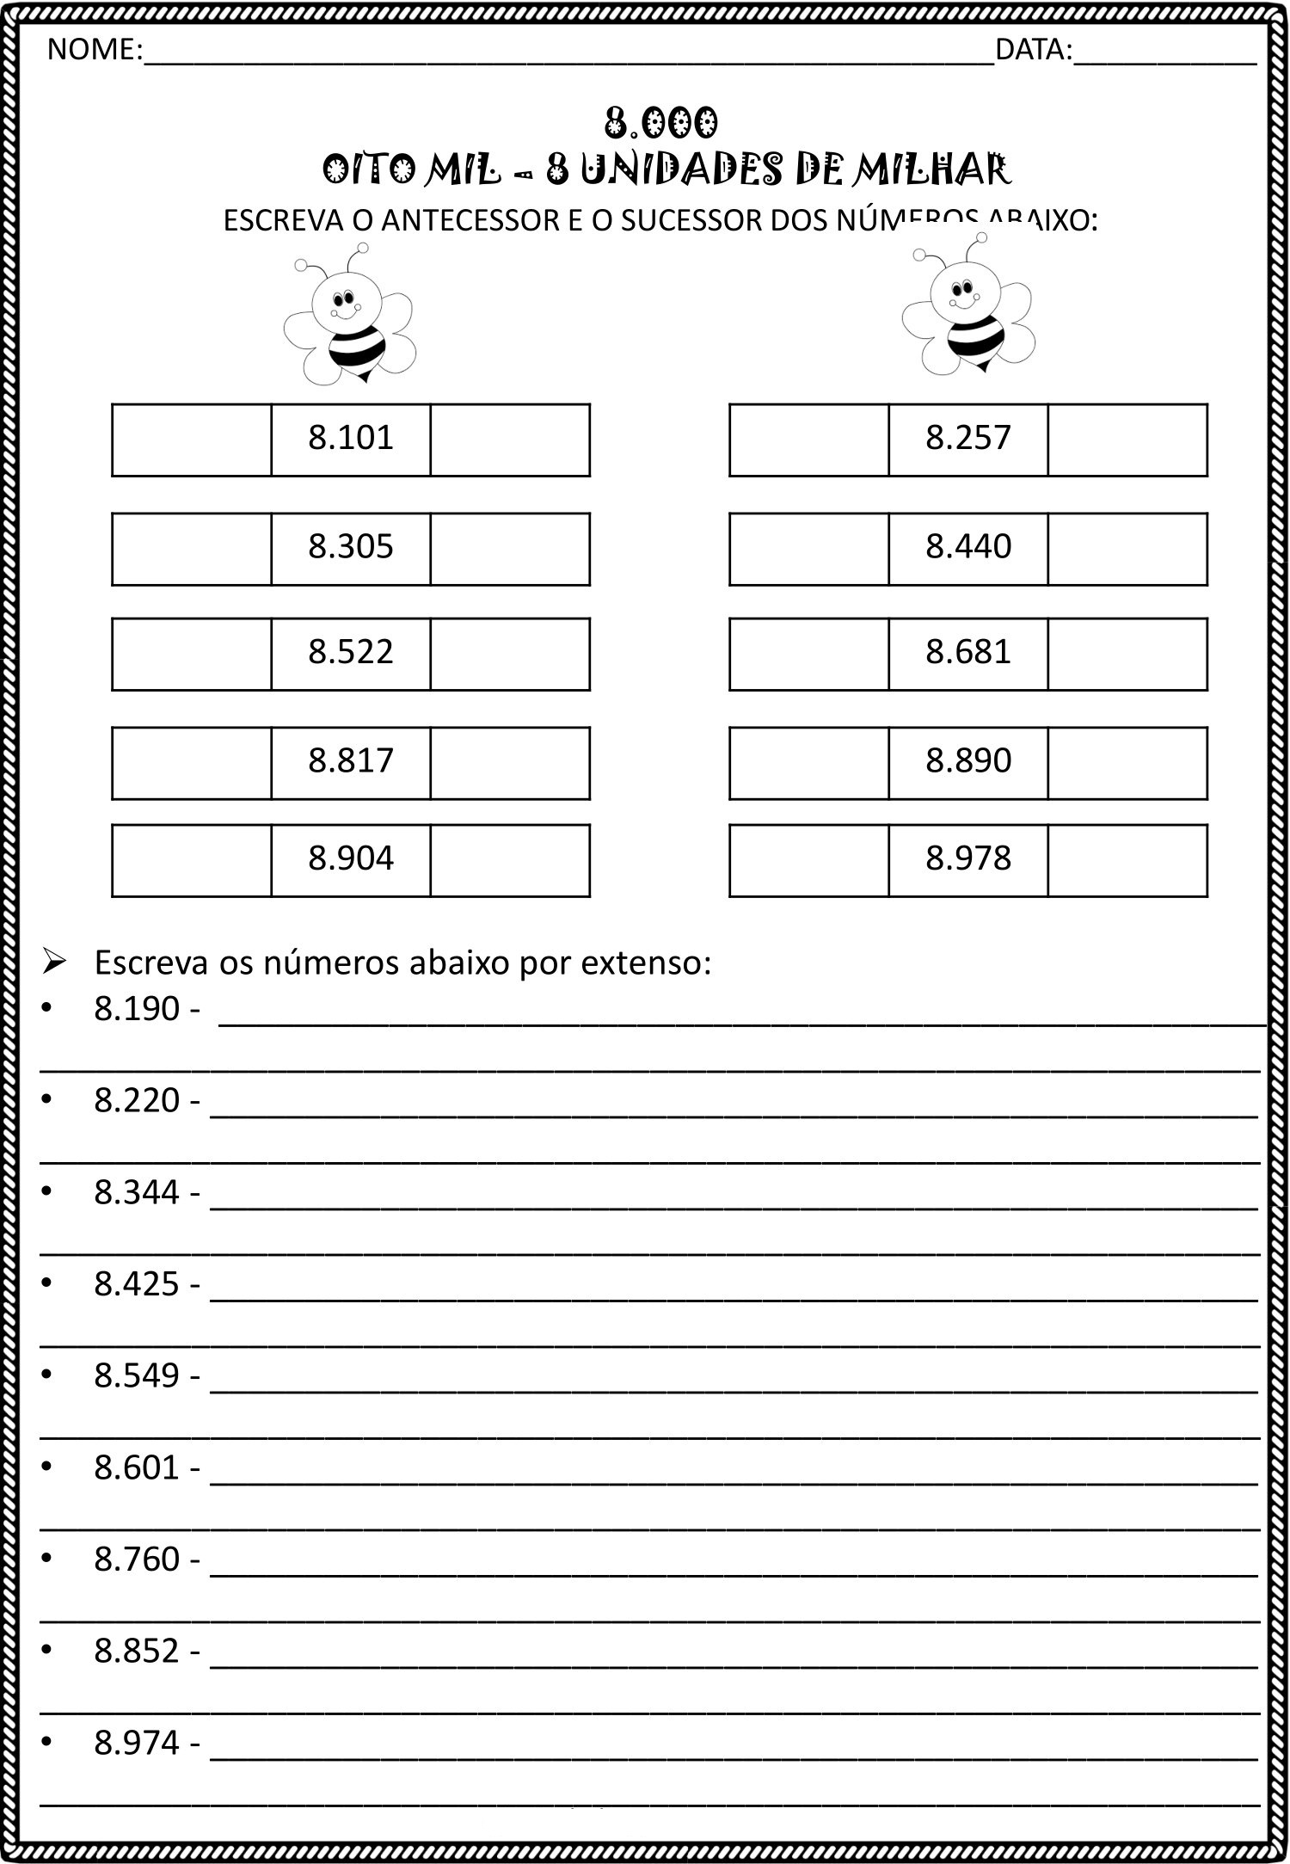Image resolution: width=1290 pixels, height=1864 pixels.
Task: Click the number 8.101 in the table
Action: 351,439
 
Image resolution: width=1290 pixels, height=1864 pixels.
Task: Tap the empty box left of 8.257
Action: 808,440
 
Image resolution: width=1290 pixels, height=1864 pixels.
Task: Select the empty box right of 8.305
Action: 510,549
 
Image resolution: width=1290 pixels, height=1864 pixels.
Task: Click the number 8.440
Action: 968,547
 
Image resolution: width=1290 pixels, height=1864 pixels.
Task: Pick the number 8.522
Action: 351,653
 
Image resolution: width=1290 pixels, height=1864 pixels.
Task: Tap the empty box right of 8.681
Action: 1127,654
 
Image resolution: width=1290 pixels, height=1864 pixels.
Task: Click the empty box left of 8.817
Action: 192,763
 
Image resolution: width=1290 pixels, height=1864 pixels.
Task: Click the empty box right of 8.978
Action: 1127,860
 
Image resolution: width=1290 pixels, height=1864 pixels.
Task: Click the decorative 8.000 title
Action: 660,124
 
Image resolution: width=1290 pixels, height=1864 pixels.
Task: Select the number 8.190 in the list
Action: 136,1009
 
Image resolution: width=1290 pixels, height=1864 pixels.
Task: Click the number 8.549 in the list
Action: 136,1375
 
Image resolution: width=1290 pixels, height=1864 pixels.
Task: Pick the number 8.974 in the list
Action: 136,1743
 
